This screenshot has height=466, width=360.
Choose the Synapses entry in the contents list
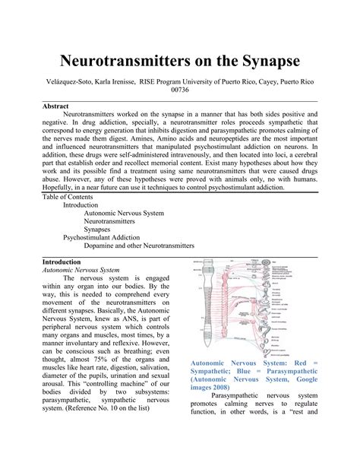pos(98,227)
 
